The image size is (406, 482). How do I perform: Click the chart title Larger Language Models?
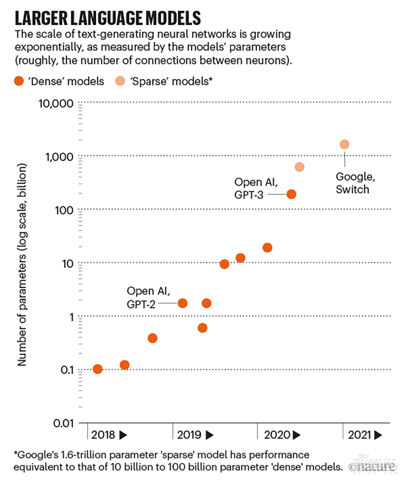coord(108,19)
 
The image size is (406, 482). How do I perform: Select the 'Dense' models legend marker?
coord(18,81)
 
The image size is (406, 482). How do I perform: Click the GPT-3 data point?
coord(291,194)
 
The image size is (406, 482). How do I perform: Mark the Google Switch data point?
coord(344,144)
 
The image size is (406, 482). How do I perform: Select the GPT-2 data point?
coord(183,303)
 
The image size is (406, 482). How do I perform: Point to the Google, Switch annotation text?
coord(352,183)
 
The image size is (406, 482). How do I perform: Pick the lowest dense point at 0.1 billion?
coord(97,369)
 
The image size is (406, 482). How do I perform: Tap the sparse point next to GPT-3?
coord(300,167)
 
